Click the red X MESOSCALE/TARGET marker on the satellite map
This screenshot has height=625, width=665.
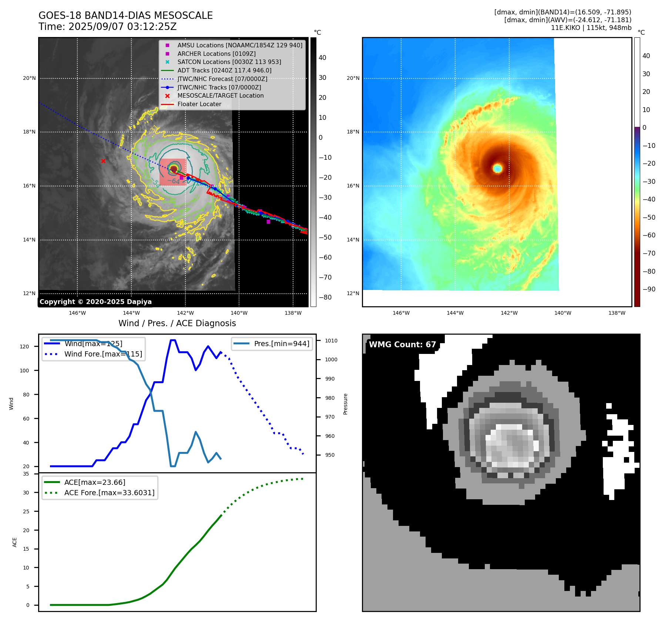103,161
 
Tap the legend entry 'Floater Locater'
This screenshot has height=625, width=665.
199,104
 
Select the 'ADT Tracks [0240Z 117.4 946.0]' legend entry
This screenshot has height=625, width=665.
224,70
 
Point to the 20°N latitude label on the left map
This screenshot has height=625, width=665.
30,78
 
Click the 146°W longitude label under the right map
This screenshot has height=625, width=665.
401,313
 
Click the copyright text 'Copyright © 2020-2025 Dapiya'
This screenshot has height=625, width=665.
95,302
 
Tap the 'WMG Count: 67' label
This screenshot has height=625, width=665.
402,345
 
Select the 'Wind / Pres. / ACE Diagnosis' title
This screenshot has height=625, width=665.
177,323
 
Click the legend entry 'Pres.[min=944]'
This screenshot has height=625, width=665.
281,344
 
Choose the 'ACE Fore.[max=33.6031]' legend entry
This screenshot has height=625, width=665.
109,493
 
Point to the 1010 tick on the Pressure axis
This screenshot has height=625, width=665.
331,341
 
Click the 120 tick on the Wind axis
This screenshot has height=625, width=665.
24,347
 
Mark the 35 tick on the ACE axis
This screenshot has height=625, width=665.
26,474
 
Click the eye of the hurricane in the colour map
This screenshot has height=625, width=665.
497,168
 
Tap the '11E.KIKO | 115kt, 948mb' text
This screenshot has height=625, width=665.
591,28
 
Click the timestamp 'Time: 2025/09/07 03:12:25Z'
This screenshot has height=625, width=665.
107,27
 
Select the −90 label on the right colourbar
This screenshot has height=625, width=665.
649,289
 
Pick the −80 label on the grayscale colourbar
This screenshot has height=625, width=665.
325,297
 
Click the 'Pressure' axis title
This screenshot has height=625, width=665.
345,404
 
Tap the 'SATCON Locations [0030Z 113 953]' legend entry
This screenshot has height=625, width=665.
229,62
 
